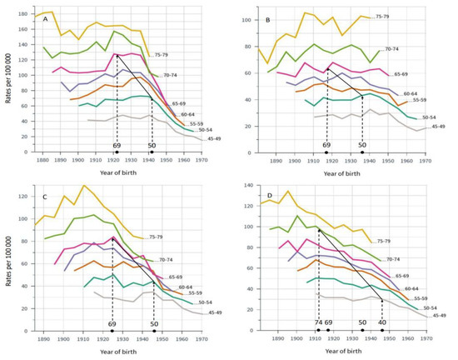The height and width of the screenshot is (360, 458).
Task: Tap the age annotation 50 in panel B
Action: point(362,144)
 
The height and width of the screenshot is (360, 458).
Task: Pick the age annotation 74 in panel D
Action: point(317,321)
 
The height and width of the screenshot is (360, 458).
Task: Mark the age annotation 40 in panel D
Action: point(382,321)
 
